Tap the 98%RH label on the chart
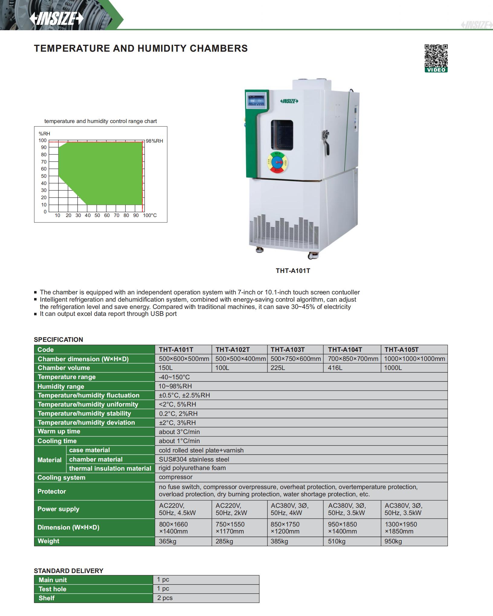coord(154,141)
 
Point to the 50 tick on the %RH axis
coord(44,176)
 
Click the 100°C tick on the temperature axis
coord(150,216)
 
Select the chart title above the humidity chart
coord(101,121)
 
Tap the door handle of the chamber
coord(326,141)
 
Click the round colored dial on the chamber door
coord(277,163)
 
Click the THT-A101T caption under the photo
coord(293,271)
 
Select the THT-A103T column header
coord(288,350)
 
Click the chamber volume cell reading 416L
coord(335,368)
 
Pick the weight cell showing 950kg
coord(393,541)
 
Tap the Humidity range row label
coord(61,386)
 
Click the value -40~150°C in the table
coord(174,377)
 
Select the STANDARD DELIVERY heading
coord(69,571)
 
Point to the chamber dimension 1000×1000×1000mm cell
coord(414,359)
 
